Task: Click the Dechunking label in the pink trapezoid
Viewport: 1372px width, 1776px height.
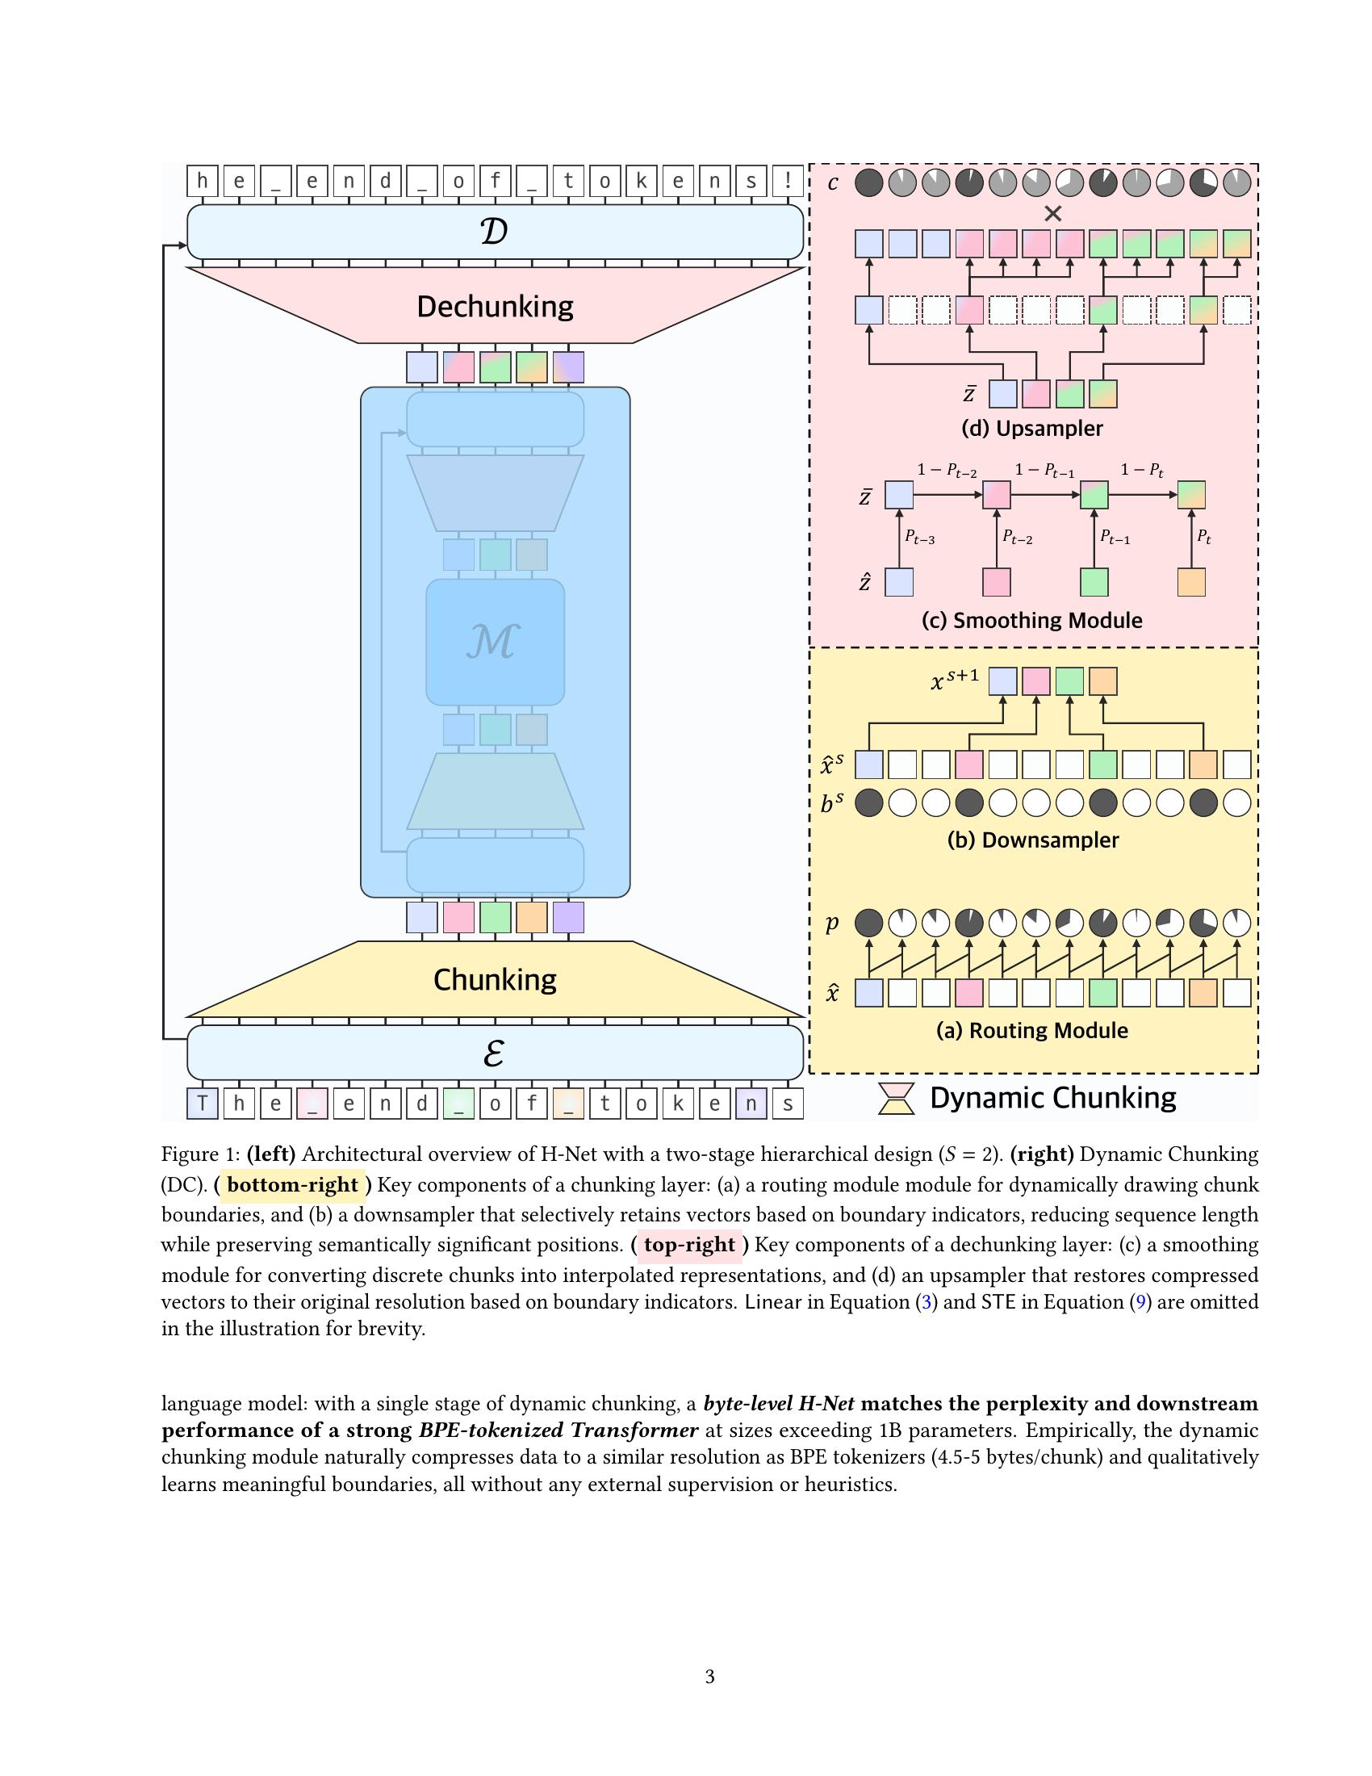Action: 494,307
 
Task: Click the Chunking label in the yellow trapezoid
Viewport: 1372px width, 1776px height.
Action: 494,979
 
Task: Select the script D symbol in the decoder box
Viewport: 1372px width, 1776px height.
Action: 494,232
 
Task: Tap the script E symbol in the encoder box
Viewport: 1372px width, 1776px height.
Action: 494,1052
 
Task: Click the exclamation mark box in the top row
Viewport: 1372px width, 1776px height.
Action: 788,181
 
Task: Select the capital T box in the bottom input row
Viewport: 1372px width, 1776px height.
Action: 203,1104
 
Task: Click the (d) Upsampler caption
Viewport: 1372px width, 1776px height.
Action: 1031,429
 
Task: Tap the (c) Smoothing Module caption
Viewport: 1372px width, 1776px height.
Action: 1031,621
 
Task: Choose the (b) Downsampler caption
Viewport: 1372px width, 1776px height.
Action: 1032,840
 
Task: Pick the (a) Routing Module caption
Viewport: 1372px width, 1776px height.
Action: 1031,1030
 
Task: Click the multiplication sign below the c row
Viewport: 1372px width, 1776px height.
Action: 1052,214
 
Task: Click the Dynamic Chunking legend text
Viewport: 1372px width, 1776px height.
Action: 1052,1098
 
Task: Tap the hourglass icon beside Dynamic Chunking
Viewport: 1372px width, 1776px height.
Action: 897,1099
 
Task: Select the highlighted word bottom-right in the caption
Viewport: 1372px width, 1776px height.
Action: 293,1185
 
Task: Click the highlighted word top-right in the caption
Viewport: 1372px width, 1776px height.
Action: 689,1245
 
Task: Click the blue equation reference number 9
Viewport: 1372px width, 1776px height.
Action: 1140,1302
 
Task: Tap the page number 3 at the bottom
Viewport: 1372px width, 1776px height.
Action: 709,1676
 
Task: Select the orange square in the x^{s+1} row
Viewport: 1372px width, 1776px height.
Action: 1103,681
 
